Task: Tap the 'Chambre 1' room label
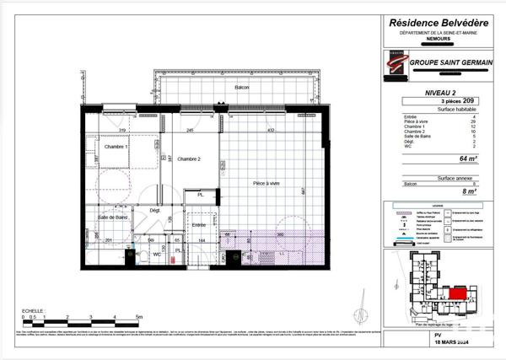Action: (x=116, y=147)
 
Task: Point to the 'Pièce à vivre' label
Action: (x=266, y=182)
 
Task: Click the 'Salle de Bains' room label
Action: (x=113, y=218)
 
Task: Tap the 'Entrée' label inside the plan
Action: (x=198, y=225)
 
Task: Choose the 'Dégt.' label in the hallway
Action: (x=155, y=210)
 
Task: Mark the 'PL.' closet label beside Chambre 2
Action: (x=200, y=196)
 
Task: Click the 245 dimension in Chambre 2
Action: (x=191, y=130)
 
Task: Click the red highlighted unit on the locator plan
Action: (x=456, y=293)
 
